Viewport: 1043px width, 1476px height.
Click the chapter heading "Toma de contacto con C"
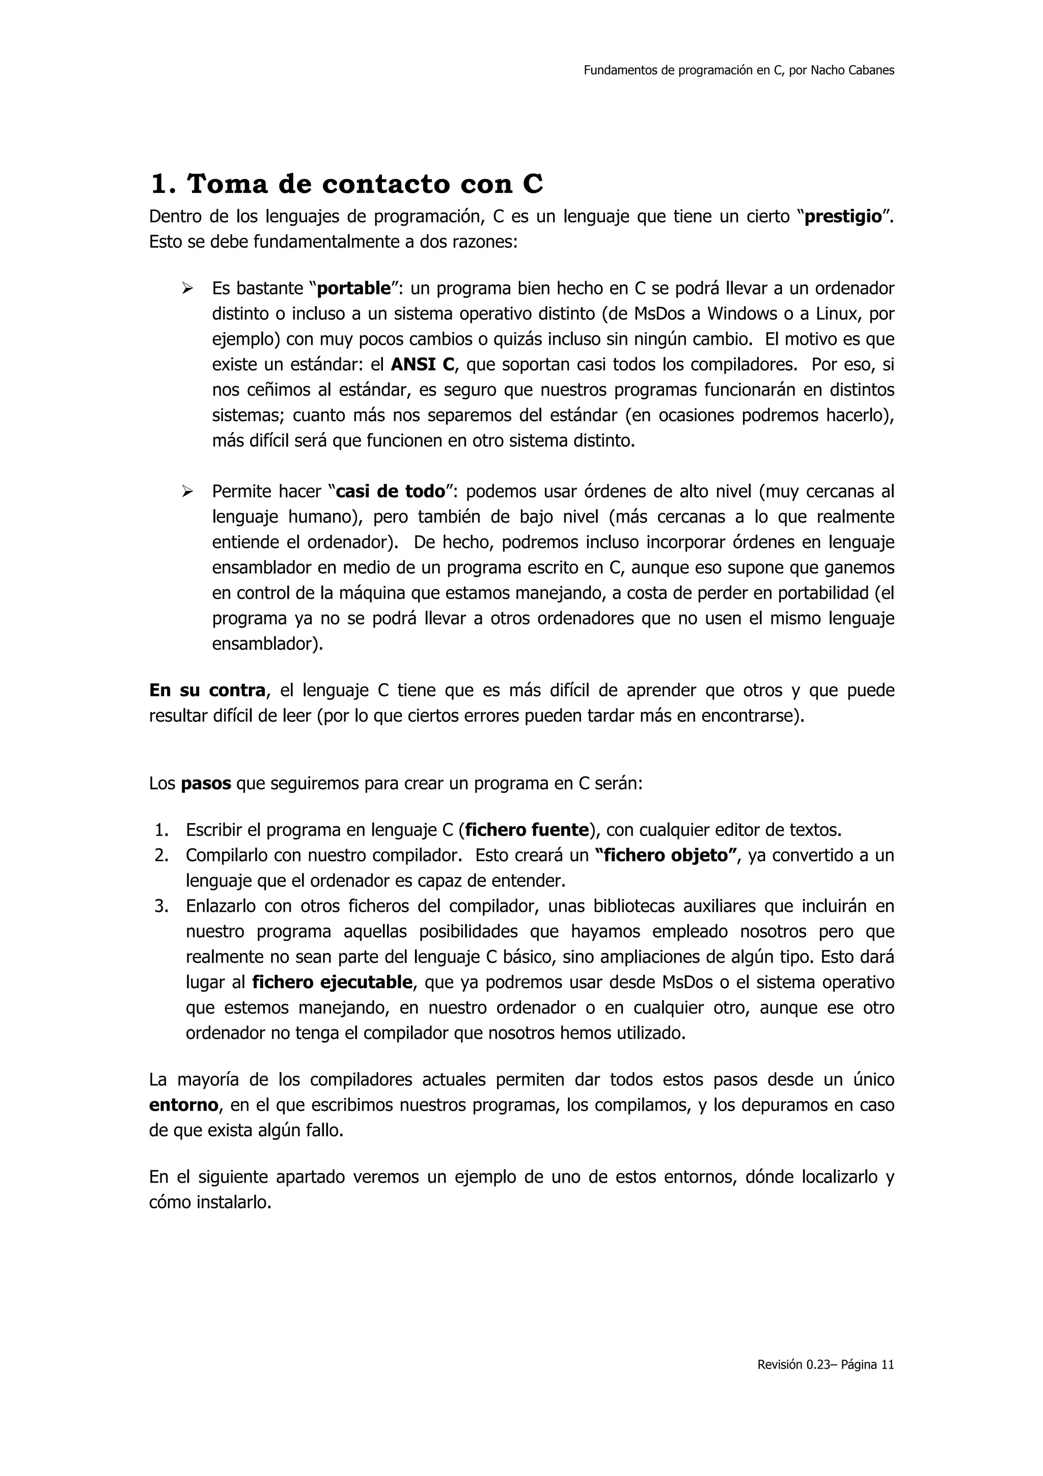point(346,184)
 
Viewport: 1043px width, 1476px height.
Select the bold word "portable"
point(354,289)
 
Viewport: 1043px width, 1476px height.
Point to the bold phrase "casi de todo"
point(391,492)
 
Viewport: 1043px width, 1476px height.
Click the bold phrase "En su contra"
point(207,691)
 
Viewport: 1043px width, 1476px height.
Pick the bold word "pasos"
point(206,785)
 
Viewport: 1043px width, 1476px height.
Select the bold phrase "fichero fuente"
point(526,831)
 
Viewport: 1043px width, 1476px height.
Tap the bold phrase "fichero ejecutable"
point(332,982)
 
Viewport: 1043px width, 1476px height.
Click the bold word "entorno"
point(184,1106)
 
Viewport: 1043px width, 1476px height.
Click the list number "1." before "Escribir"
point(161,831)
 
